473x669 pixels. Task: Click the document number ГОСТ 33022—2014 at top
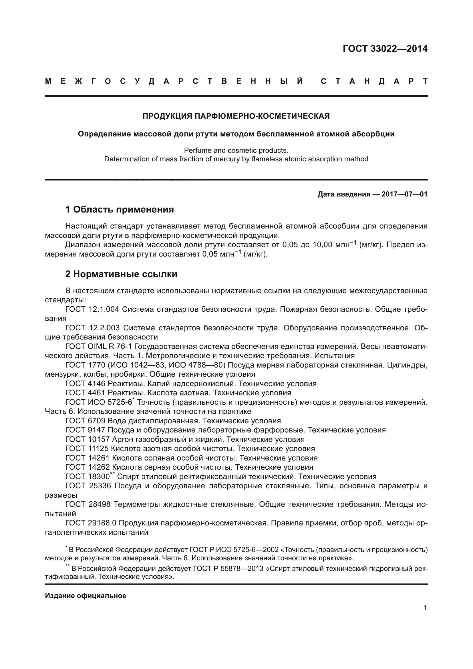385,49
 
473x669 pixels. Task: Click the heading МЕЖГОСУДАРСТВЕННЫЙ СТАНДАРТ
236,82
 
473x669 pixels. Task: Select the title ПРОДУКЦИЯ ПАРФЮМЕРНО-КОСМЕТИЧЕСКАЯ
236,116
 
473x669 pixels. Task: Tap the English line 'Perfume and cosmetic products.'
236,150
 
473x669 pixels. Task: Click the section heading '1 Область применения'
120,209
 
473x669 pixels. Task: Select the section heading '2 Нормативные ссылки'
121,274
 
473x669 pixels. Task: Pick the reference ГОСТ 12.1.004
92,309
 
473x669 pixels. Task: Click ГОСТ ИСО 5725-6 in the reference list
99,402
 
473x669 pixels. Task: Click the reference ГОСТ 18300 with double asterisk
88,477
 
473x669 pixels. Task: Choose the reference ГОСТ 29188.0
90,523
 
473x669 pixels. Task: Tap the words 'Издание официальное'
86,596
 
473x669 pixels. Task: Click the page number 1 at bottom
425,608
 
